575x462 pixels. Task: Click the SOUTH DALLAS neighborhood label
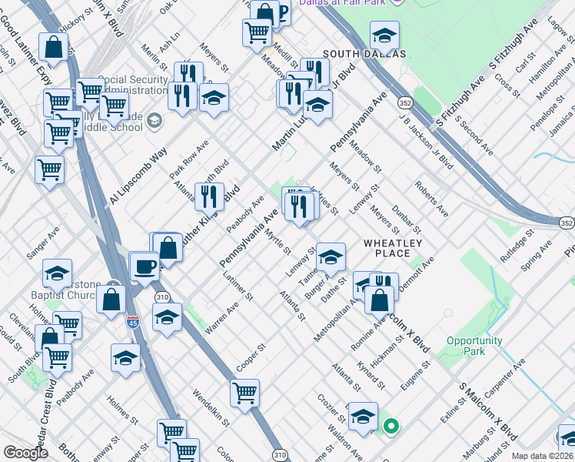[x=364, y=53]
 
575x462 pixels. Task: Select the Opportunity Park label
[x=474, y=346]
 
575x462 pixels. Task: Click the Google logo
[x=25, y=453]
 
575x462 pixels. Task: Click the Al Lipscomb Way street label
[x=138, y=176]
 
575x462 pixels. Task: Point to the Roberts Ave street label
[x=430, y=199]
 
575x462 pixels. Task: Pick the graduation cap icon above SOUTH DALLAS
[x=384, y=35]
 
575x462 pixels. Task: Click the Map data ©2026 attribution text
[x=542, y=456]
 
